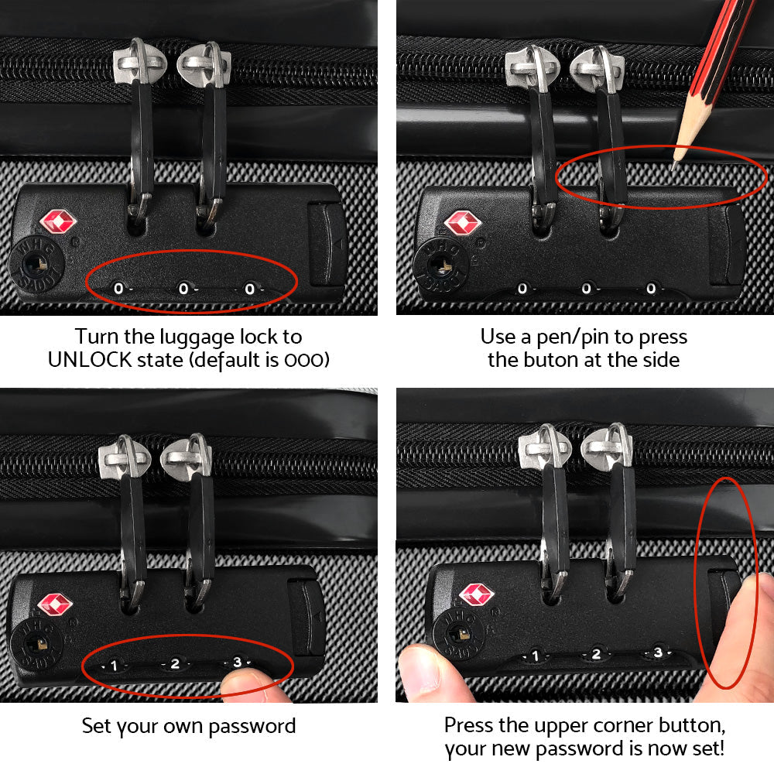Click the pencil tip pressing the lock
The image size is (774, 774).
point(676,163)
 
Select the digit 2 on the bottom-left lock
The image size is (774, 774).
point(176,663)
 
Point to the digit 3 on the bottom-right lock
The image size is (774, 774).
point(657,652)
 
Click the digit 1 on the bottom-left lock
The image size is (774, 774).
point(113,665)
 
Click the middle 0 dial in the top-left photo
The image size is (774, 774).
point(183,289)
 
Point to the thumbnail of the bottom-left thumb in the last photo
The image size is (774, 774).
point(418,666)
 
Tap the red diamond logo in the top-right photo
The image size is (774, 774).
point(463,223)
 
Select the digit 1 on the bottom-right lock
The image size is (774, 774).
point(533,656)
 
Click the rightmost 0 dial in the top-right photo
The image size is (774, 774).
point(651,289)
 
